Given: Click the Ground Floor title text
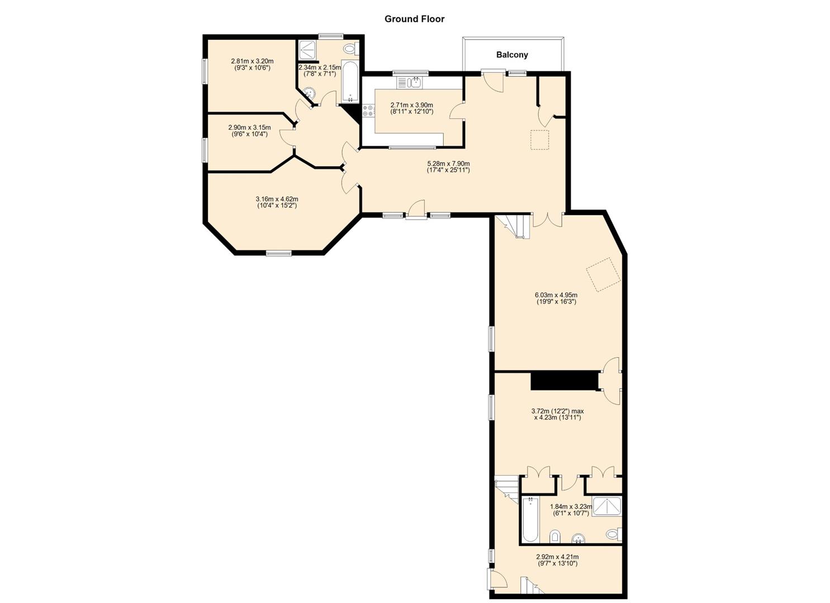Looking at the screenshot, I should pyautogui.click(x=414, y=19).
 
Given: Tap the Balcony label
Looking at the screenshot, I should pyautogui.click(x=512, y=55).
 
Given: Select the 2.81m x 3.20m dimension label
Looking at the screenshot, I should pyautogui.click(x=252, y=64).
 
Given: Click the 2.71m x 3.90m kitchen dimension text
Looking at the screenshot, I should pyautogui.click(x=411, y=108).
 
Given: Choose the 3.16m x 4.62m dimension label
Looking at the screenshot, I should pyautogui.click(x=277, y=202).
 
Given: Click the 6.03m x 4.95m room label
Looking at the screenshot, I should pyautogui.click(x=556, y=298).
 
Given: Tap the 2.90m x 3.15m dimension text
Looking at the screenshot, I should pyautogui.click(x=249, y=131).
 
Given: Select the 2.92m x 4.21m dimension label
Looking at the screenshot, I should pyautogui.click(x=557, y=560).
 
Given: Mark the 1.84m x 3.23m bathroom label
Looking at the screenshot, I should pyautogui.click(x=570, y=510).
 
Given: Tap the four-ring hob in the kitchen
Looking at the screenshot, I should pyautogui.click(x=368, y=111).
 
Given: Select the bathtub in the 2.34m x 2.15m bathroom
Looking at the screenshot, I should pyautogui.click(x=350, y=82).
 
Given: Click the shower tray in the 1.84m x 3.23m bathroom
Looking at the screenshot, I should pyautogui.click(x=606, y=506).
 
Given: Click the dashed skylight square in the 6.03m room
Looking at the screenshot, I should pyautogui.click(x=603, y=275).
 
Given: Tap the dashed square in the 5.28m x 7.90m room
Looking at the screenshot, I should pyautogui.click(x=540, y=140).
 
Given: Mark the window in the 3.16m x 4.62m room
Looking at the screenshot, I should pyautogui.click(x=278, y=253).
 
